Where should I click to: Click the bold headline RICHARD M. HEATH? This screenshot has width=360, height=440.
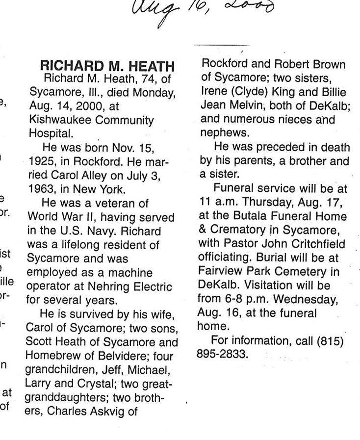(x=106, y=66)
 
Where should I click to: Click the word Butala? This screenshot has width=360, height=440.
(x=259, y=216)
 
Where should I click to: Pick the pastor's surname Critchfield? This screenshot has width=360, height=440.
(x=317, y=243)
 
